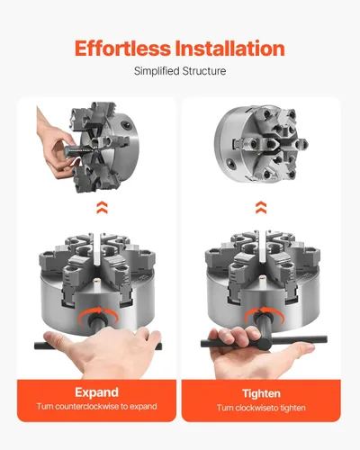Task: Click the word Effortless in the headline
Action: (122, 49)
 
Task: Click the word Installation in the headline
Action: (229, 49)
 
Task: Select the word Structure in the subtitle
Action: (204, 71)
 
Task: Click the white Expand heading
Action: (96, 392)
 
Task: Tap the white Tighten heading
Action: (261, 393)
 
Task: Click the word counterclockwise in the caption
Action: (87, 407)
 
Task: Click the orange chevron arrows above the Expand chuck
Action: (102, 207)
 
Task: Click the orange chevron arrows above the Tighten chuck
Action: (261, 207)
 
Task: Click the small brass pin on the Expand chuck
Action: (96, 281)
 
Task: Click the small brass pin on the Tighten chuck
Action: (262, 278)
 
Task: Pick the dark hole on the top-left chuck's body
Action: (125, 124)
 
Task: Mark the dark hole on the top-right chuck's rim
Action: (230, 162)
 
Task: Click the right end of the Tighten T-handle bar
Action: (326, 339)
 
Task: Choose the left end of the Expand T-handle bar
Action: (36, 346)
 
